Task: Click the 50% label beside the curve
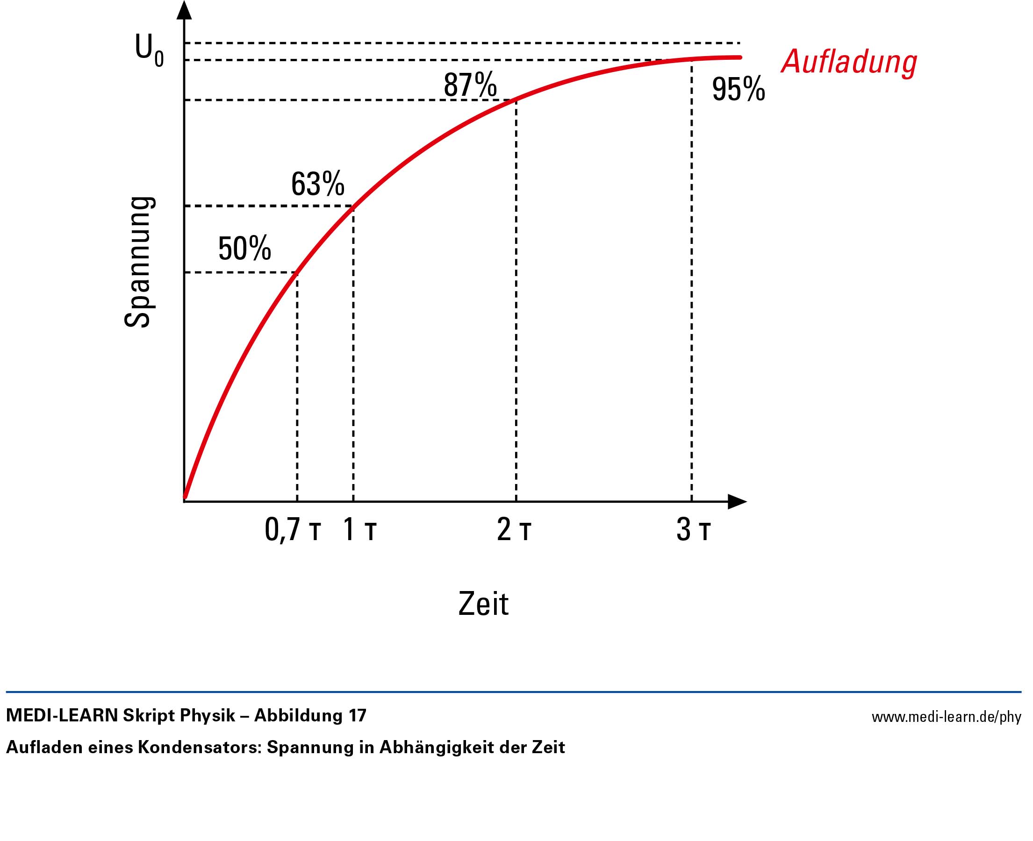[244, 249]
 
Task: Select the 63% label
[318, 184]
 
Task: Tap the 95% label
[738, 89]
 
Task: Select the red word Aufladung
[849, 62]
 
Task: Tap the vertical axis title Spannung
[139, 262]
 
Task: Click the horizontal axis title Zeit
[483, 604]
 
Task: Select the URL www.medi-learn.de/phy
[946, 717]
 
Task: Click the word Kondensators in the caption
[200, 748]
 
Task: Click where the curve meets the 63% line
[353, 207]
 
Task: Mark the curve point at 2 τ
[516, 100]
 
